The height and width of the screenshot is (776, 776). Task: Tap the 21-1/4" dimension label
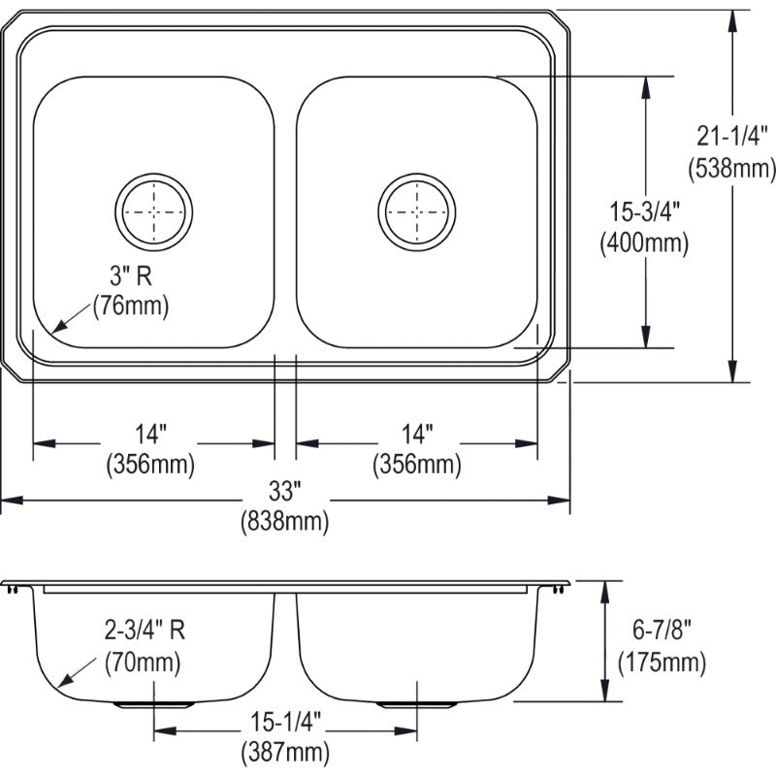tap(732, 135)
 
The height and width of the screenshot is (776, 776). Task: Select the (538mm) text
tap(732, 169)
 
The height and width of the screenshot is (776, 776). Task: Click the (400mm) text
tap(644, 243)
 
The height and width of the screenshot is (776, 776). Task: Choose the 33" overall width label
tap(284, 489)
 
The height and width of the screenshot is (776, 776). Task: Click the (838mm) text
tap(284, 523)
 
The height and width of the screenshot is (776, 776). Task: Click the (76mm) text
tap(131, 307)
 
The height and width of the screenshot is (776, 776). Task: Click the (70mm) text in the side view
tap(143, 664)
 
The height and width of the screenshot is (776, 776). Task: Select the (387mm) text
tap(284, 751)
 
